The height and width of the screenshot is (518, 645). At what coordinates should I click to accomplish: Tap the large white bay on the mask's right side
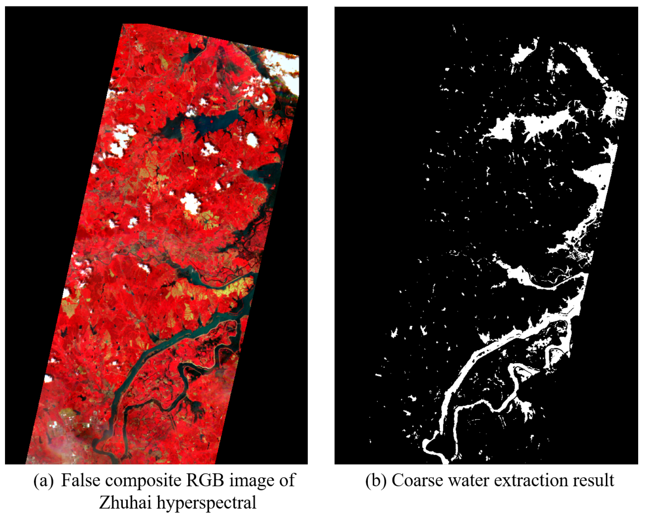(595, 177)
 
